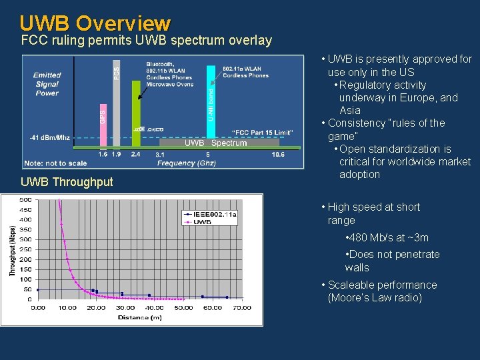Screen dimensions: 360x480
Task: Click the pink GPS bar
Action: coord(103,125)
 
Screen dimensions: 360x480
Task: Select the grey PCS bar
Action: coord(117,100)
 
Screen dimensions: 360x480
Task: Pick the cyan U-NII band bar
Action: coord(211,103)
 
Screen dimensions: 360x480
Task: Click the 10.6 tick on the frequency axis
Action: coord(277,154)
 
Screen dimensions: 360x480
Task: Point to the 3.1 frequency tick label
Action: coord(161,154)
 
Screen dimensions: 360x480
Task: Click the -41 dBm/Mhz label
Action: coord(49,138)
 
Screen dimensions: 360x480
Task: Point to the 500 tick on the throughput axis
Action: coord(25,200)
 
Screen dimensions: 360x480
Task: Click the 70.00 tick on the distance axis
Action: coord(241,307)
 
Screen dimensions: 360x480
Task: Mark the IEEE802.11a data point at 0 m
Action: coord(37,290)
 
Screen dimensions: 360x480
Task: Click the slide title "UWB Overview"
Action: coord(95,23)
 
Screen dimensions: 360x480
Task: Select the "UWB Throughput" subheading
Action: coord(67,182)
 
